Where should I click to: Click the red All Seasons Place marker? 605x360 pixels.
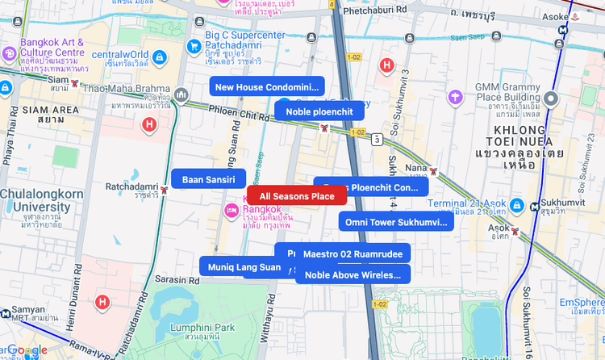pos(297,196)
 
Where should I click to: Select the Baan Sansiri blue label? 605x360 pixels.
pos(208,179)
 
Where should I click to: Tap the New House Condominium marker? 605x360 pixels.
pos(266,86)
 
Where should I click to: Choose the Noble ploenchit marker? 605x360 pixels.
pos(319,111)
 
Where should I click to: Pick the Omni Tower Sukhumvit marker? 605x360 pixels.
pos(395,221)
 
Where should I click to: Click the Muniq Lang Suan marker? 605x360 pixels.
pos(240,266)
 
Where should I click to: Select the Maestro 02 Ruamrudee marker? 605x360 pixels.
pos(353,254)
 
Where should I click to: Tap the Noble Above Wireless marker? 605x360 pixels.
pos(353,274)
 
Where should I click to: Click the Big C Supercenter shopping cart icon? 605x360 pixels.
pos(194,46)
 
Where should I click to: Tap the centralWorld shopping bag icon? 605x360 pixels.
pos(160,58)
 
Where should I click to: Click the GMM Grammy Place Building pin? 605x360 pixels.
pos(552,99)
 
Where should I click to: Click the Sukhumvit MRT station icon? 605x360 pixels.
pos(536,207)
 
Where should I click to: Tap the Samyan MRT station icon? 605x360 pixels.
pos(6,313)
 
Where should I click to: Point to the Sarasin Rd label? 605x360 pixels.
pos(170,278)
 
